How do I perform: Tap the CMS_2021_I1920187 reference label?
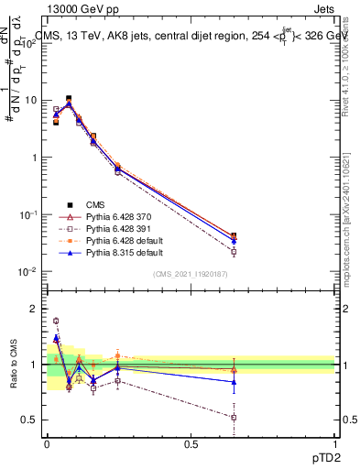pyautogui.click(x=190, y=274)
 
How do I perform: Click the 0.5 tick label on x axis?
pyautogui.click(x=191, y=443)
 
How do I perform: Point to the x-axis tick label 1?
pyautogui.click(x=333, y=443)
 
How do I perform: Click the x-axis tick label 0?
pyautogui.click(x=47, y=443)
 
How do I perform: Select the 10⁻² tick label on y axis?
pyautogui.click(x=29, y=272)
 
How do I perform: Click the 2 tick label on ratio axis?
pyautogui.click(x=36, y=309)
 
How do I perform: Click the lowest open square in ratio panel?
pyautogui.click(x=234, y=417)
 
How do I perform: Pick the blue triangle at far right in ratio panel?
pyautogui.click(x=234, y=382)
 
